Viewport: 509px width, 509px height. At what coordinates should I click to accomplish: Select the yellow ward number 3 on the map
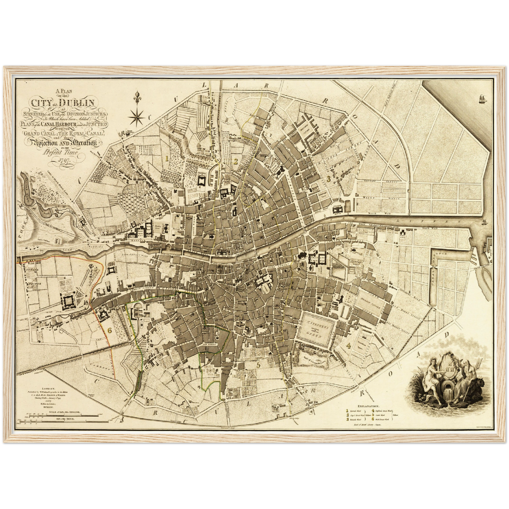click(x=328, y=179)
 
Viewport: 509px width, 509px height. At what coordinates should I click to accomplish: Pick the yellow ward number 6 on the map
click(x=110, y=330)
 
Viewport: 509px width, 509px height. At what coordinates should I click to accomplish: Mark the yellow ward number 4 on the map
click(x=348, y=345)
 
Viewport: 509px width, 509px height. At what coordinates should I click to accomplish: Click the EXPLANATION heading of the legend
click(x=369, y=406)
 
